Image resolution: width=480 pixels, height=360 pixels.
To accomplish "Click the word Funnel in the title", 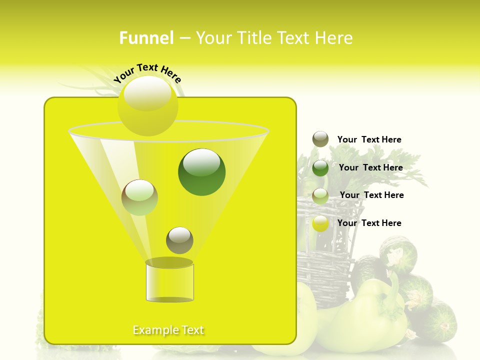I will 146,38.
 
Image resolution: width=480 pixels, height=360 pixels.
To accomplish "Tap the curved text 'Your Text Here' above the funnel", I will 147,73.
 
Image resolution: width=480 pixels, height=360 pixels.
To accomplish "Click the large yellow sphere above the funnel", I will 147,105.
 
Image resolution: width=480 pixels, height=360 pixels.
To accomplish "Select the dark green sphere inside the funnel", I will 201,171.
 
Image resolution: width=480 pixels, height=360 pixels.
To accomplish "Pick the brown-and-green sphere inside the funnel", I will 139,197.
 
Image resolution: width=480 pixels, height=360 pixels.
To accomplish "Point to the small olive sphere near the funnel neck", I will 179,240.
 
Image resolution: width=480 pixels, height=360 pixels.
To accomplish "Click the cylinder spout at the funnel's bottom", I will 169,281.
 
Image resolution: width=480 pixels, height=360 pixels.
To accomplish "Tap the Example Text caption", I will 168,330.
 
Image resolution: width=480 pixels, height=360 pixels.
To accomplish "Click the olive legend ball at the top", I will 320,139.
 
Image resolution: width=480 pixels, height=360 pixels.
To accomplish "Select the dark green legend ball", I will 320,167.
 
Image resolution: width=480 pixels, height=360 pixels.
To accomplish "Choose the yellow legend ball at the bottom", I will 320,223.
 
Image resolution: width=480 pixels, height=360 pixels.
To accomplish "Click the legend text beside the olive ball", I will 369,140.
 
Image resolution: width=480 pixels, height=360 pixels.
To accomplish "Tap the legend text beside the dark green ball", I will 370,168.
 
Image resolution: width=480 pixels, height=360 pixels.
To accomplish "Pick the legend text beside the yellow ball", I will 369,223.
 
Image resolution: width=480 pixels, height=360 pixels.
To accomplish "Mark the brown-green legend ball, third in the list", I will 320,195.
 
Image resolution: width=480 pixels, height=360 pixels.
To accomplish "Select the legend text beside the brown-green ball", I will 371,195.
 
